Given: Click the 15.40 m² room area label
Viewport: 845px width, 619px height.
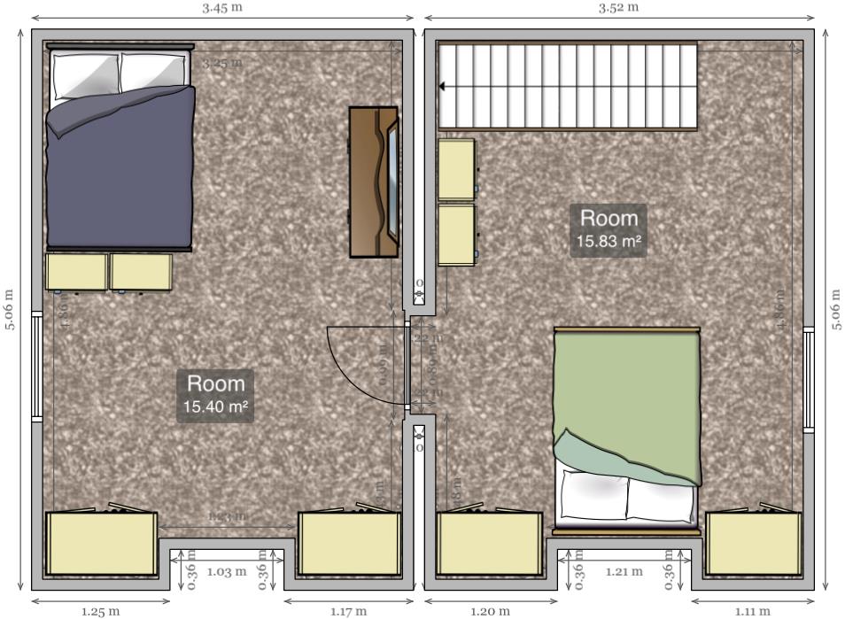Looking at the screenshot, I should coord(215,396).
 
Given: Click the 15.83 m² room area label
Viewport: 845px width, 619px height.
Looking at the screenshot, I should coord(609,229).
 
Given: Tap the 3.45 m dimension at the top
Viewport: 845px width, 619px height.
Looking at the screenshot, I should coord(221,8).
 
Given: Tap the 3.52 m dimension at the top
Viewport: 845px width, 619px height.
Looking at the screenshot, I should coord(618,8).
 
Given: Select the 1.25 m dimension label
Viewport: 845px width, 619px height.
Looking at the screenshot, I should coord(100,610).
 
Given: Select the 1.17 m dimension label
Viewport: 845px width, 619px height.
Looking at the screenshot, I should coord(348,610).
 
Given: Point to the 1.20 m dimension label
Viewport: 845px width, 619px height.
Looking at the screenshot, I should coord(490,610).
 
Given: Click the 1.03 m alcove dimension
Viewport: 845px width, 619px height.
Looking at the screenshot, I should coord(226,572).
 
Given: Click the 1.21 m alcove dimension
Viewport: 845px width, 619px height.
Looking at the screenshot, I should coord(624,572).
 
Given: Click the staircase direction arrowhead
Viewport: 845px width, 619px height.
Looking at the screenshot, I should coord(443,87).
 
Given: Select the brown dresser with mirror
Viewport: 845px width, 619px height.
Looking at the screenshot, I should coord(373,182).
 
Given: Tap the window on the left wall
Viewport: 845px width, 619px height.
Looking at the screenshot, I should coord(36,367).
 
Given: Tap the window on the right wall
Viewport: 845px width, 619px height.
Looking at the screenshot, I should coord(808,379).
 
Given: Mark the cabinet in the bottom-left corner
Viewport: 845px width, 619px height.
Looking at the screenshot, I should coord(101,544).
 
